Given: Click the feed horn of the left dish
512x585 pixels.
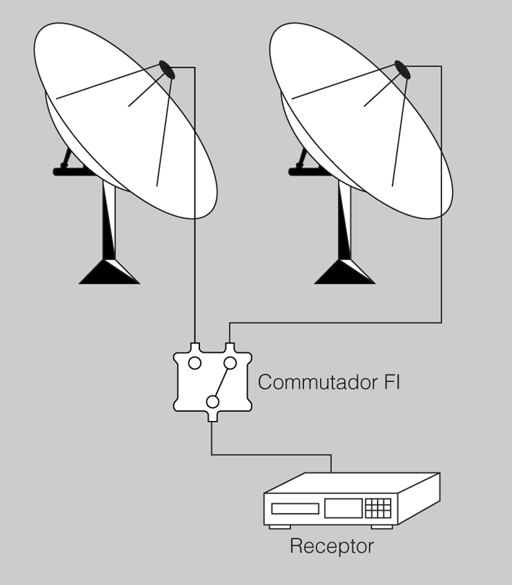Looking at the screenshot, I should pyautogui.click(x=167, y=69).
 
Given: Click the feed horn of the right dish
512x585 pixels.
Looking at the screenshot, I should pyautogui.click(x=402, y=69).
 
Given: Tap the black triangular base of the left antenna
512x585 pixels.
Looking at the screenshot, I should pyautogui.click(x=108, y=272).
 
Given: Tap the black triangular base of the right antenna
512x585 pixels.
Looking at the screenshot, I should pyautogui.click(x=344, y=272).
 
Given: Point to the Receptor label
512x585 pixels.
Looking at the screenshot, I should pyautogui.click(x=331, y=546).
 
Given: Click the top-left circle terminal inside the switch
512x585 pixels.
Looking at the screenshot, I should pyautogui.click(x=194, y=363).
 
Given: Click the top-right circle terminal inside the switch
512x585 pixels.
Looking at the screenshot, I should pyautogui.click(x=230, y=363).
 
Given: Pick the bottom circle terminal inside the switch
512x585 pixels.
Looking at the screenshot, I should pyautogui.click(x=212, y=402).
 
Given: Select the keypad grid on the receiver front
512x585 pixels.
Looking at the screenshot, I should pyautogui.click(x=378, y=508).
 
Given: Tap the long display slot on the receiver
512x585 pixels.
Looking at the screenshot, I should pyautogui.click(x=295, y=508).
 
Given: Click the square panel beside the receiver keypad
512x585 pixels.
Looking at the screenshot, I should pyautogui.click(x=342, y=508).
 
